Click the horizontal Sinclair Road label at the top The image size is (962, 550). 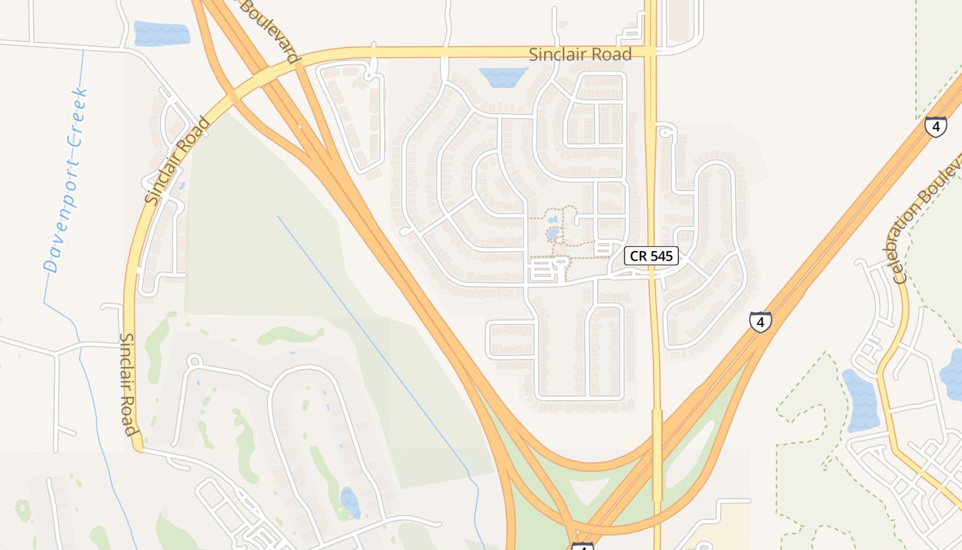pos(580,54)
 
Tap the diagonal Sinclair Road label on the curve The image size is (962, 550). pos(177,161)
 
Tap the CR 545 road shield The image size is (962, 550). pos(651,256)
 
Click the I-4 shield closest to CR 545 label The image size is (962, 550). pos(760,321)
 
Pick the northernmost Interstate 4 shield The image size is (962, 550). pos(935,126)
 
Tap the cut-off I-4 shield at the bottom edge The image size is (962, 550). pos(582,547)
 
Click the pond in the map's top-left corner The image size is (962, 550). pos(161,34)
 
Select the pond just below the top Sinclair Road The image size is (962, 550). pos(503,77)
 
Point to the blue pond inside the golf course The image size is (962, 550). pos(350,502)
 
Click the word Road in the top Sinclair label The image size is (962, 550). pos(607,54)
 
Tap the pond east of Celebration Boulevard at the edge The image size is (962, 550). pos(952,375)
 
